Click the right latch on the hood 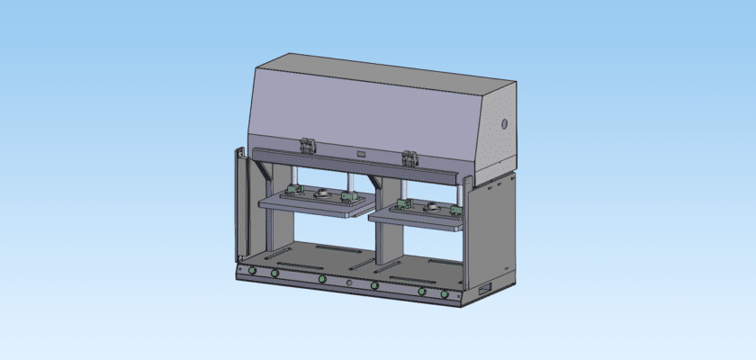[x=410, y=157]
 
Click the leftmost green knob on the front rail [x=252, y=272]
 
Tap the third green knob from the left [x=321, y=279]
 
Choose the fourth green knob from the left [x=374, y=286]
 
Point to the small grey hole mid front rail [x=348, y=283]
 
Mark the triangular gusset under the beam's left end [x=261, y=171]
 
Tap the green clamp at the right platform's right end [x=456, y=211]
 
